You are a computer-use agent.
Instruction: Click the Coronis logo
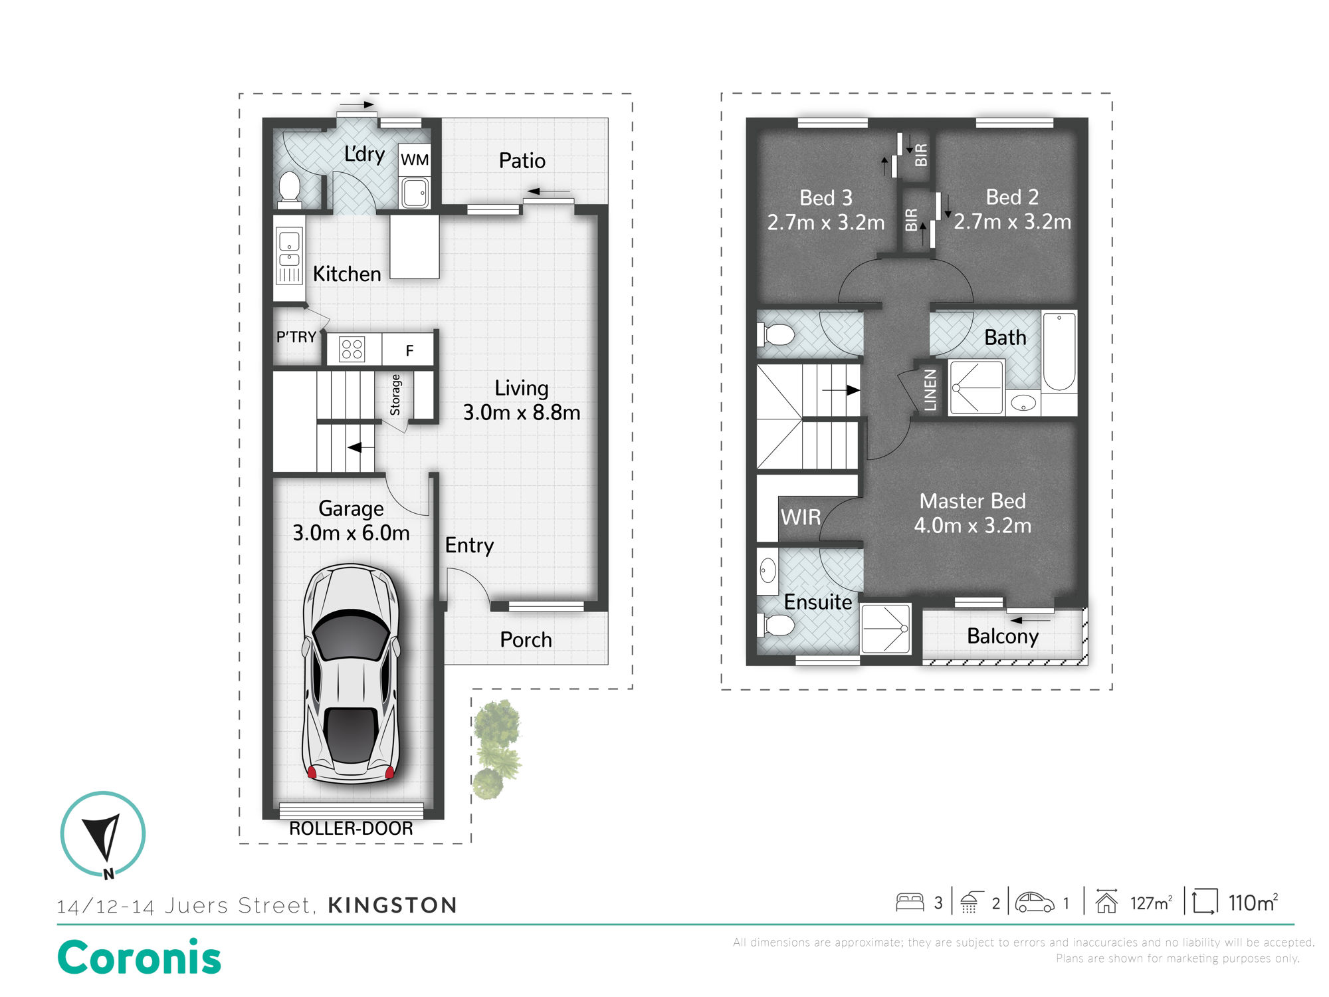click(139, 957)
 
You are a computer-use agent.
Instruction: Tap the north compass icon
click(103, 835)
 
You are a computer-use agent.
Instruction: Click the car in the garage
click(351, 673)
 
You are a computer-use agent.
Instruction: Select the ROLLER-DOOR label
click(351, 828)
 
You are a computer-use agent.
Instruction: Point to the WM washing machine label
click(415, 160)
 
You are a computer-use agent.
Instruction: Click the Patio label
click(522, 161)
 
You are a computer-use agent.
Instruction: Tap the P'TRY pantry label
click(296, 337)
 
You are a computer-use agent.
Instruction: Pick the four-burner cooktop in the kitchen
click(352, 349)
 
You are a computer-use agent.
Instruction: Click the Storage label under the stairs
click(395, 395)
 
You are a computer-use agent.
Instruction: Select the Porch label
click(526, 639)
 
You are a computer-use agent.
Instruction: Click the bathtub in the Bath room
click(1059, 352)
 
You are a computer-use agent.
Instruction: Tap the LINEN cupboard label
click(930, 390)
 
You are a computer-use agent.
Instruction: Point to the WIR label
click(801, 517)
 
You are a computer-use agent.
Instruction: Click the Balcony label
click(1003, 636)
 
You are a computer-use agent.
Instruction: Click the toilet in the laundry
click(289, 187)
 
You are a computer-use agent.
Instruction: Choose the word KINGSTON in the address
click(393, 905)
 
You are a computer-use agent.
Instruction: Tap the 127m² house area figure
click(1152, 903)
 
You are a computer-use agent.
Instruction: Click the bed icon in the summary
click(910, 902)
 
